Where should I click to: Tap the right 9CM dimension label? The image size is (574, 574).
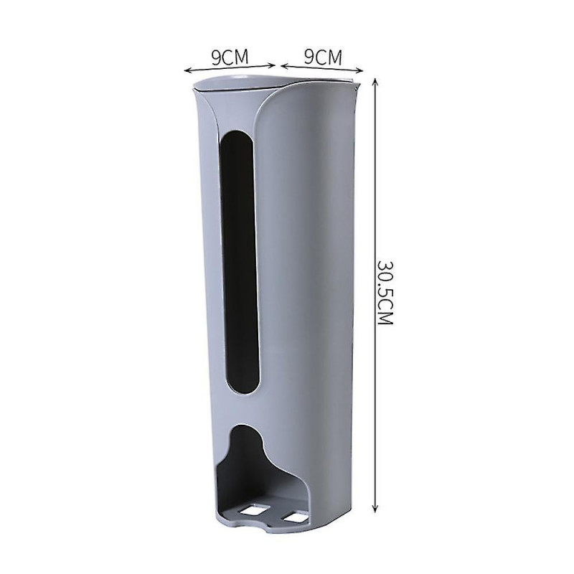click(x=323, y=55)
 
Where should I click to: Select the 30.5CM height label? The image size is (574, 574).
click(x=385, y=292)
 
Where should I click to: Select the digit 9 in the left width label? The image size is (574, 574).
click(x=215, y=55)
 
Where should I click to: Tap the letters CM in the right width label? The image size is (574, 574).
click(x=330, y=55)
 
